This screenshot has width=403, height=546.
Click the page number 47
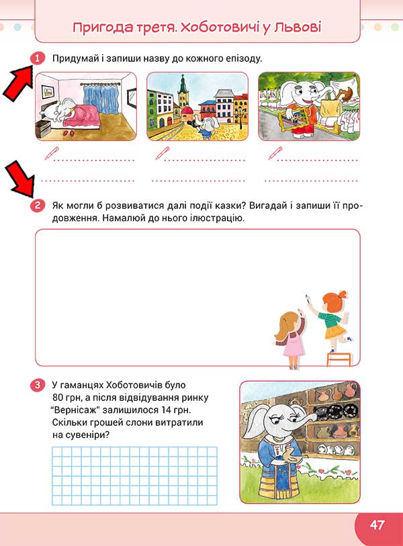point(377,525)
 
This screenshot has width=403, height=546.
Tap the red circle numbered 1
point(38,58)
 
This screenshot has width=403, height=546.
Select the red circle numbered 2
point(38,205)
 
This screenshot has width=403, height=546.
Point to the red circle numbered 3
point(38,385)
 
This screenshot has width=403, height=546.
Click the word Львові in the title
point(297,27)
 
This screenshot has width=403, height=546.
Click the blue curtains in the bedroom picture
point(101,99)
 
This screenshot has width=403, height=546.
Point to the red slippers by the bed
point(67,133)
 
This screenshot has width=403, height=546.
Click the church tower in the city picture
point(183,91)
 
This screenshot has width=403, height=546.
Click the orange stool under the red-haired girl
point(339,359)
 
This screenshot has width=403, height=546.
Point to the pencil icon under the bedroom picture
point(52,153)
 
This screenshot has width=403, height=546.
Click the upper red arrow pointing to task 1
point(17,83)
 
